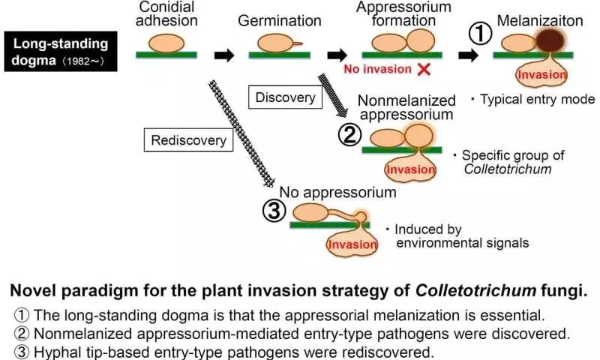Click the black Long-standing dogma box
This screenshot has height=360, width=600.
(x=61, y=51)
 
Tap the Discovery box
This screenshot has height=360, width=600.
(x=285, y=97)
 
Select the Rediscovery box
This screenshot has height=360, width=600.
(x=188, y=140)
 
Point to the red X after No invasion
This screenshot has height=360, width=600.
(x=424, y=69)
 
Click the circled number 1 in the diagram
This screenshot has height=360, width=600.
(x=480, y=34)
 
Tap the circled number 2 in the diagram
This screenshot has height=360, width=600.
(x=349, y=135)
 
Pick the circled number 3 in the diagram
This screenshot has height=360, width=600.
(x=274, y=211)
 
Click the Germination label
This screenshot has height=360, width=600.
(x=279, y=21)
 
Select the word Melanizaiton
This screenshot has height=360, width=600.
(x=539, y=21)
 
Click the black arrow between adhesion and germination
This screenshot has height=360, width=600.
(x=223, y=55)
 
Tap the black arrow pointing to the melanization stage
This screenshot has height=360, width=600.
(x=468, y=55)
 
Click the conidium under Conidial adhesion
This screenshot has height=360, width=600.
(x=166, y=43)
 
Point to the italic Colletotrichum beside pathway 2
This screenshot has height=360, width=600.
(x=508, y=169)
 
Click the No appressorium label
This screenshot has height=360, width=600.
(x=338, y=192)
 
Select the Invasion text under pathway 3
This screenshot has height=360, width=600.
(x=352, y=244)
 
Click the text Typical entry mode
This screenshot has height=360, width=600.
(x=537, y=100)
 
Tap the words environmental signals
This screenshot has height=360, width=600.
(x=462, y=243)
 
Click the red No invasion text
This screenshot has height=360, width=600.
(x=378, y=69)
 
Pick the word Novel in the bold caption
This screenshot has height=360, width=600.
(x=33, y=291)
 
